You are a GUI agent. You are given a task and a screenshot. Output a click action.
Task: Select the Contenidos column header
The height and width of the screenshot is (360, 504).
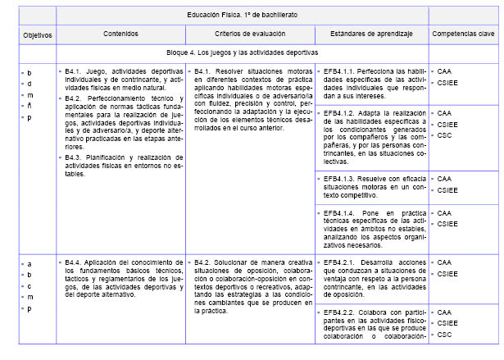tap(120, 33)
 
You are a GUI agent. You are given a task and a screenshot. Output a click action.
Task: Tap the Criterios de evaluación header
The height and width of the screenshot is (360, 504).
tap(249, 33)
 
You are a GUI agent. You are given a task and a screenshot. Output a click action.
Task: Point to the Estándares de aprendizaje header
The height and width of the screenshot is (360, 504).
tap(370, 33)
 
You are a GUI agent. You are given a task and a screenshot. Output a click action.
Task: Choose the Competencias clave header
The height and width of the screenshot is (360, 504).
tap(463, 33)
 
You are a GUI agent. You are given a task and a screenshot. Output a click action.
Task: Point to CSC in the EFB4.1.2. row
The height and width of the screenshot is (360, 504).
tap(445, 134)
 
